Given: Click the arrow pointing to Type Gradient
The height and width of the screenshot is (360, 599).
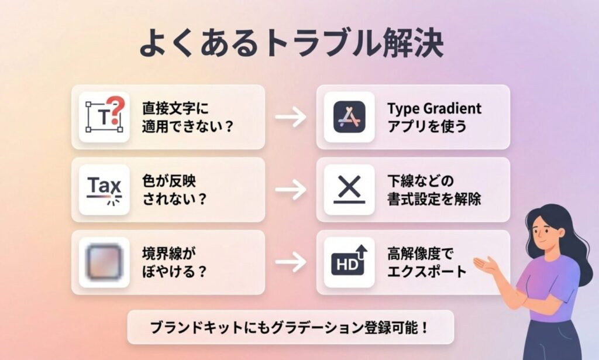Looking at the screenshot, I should [x=291, y=117].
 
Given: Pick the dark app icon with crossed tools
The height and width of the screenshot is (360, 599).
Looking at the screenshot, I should [x=349, y=117].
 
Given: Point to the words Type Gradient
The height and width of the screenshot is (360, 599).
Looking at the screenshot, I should [x=434, y=108].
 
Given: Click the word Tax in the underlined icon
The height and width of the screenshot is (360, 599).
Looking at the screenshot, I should [x=104, y=186].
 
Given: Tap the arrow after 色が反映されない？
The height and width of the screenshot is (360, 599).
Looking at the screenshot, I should [x=291, y=190].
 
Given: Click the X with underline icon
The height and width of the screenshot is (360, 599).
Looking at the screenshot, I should [x=349, y=190].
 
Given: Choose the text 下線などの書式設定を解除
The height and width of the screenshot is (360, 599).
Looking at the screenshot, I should [x=433, y=190].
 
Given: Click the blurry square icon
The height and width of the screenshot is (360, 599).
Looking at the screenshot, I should [x=104, y=262].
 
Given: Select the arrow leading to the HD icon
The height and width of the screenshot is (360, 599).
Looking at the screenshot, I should [x=291, y=262].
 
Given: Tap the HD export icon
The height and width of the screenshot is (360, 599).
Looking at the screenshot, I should [x=349, y=262].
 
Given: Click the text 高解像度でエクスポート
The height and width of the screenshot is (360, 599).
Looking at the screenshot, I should [x=426, y=262].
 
